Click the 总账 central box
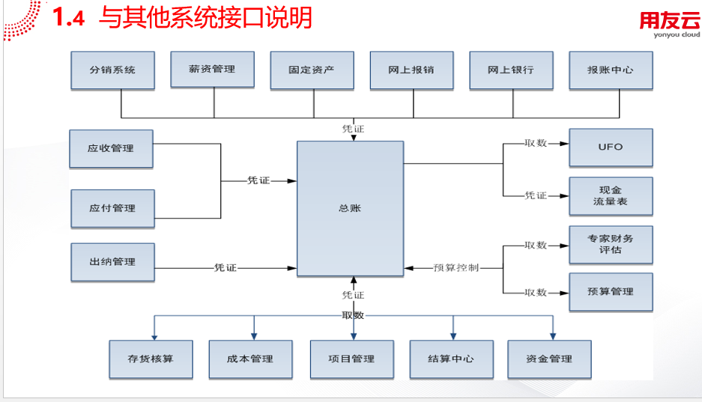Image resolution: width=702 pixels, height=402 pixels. pos(349,207)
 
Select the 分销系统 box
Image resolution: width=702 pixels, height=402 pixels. pos(112,70)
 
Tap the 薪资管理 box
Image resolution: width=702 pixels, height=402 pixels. pos(213,70)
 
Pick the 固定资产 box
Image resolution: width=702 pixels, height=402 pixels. pos(312,70)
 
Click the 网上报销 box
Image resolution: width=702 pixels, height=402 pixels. pos(411,70)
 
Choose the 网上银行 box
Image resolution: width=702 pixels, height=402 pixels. pos(511,70)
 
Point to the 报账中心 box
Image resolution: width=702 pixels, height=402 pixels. pos(611,70)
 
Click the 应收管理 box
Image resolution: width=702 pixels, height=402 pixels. pos(111,148)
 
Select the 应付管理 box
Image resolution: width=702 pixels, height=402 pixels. pos(112,208)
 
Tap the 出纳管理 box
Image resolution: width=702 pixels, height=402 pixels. pos(112,262)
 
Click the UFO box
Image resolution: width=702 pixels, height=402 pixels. pos(611,147)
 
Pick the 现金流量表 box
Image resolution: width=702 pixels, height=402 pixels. pos(611,196)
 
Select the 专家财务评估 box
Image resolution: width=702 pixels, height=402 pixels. pos(611,244)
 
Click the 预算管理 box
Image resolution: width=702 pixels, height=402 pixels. pos(611,292)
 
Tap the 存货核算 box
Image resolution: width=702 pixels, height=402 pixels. pos(151,359)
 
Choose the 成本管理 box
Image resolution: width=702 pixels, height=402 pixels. pos(250,359)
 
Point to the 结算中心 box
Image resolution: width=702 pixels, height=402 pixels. pos(451,359)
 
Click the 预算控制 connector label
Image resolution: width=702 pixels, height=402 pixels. pos(456,267)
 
